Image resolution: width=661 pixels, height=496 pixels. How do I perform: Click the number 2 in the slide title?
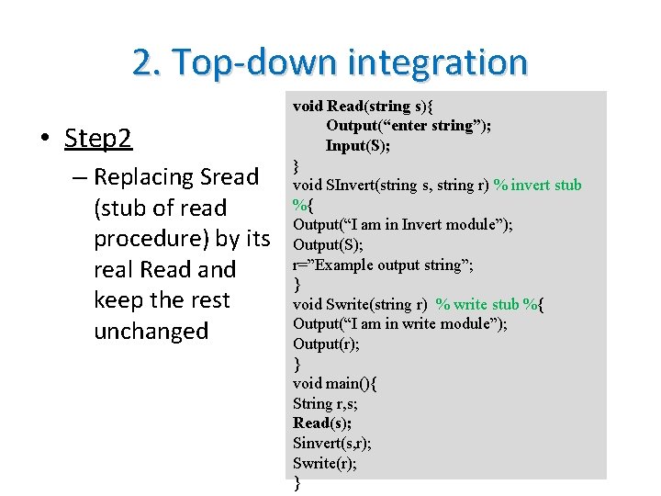[142, 62]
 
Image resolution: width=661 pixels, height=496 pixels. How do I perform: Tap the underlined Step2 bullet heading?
[98, 139]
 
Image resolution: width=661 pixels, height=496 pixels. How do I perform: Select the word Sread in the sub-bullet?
[230, 176]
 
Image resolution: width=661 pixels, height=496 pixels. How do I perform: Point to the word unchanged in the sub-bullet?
[151, 331]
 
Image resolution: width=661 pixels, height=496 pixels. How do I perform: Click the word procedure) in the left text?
[151, 239]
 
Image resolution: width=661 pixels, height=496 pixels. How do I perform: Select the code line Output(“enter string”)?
[408, 125]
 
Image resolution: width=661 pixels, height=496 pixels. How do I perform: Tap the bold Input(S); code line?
[357, 145]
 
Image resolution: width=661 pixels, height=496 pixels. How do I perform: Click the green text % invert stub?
[537, 185]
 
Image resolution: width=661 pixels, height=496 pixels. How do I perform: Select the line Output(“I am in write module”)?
[399, 323]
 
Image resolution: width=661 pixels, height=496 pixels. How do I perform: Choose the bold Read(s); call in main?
[322, 423]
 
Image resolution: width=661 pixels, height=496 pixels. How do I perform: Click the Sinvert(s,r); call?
[331, 443]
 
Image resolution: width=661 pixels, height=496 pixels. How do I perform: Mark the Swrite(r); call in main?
[325, 463]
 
